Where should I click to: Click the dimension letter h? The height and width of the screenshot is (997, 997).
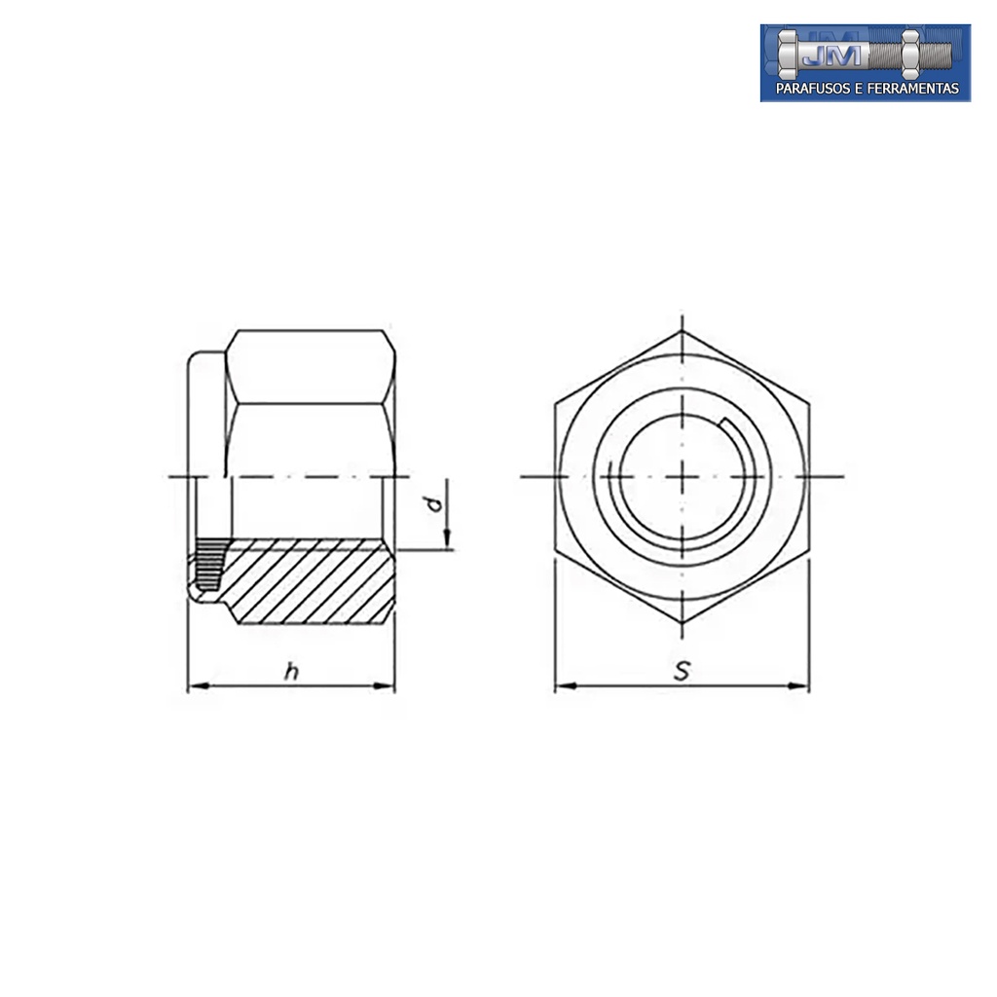(x=291, y=672)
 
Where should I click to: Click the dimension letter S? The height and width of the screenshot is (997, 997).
(x=682, y=671)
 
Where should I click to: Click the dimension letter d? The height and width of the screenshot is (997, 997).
(x=435, y=504)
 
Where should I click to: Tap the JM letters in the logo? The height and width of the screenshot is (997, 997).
(x=831, y=55)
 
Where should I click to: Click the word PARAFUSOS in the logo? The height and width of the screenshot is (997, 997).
(x=812, y=89)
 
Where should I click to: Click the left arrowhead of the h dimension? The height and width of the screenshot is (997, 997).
(x=199, y=686)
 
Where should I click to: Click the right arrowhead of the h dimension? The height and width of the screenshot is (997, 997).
(x=384, y=686)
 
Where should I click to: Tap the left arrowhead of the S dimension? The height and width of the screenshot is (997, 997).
(x=566, y=686)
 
